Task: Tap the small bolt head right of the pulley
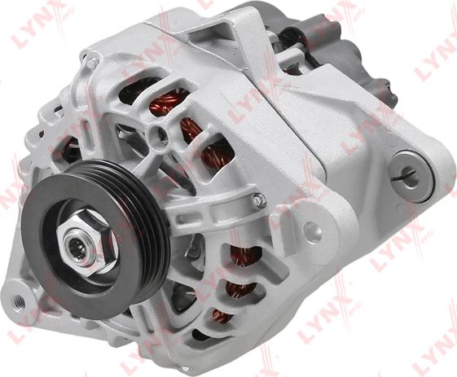tap(258, 199)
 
